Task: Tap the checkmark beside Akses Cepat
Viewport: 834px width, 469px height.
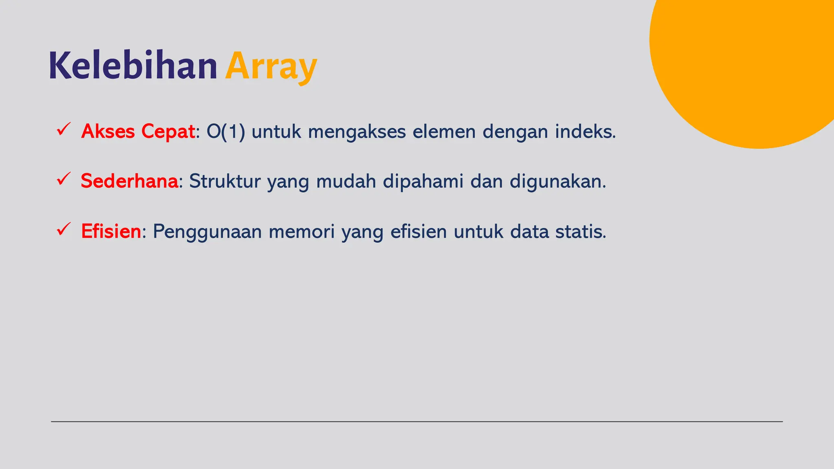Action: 64,129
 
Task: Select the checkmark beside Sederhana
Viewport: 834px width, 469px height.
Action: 64,179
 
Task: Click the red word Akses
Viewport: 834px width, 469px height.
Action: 108,131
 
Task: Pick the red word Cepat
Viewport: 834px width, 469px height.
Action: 168,131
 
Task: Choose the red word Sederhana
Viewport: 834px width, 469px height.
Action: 129,181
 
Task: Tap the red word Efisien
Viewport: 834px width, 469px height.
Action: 111,231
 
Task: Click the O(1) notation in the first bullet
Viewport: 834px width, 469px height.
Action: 226,131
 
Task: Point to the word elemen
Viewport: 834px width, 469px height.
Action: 444,131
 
